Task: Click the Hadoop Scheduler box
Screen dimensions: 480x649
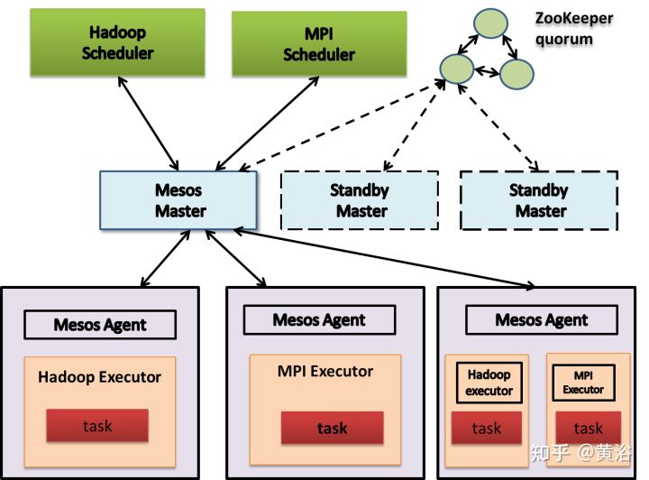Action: (x=117, y=42)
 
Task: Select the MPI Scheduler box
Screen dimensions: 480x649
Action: (x=306, y=42)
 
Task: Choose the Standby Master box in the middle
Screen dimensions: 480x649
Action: (x=361, y=200)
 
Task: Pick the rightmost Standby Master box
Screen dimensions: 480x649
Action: (x=538, y=200)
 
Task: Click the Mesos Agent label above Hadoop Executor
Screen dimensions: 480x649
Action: (x=100, y=325)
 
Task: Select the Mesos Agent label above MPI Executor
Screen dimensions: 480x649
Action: (x=319, y=319)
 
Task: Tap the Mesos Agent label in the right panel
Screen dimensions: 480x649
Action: (x=541, y=319)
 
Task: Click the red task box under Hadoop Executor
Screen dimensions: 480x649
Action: (x=97, y=425)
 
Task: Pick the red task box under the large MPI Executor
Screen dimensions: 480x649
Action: (x=332, y=428)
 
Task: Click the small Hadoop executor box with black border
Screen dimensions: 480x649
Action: (x=489, y=383)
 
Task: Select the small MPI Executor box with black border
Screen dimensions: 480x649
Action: (x=583, y=383)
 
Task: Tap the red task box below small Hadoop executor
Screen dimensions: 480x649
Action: (x=487, y=428)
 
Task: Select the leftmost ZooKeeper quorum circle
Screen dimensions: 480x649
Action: (x=455, y=67)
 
